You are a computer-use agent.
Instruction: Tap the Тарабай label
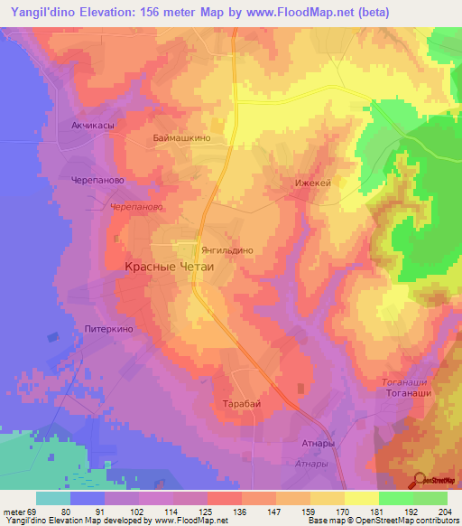click(x=241, y=404)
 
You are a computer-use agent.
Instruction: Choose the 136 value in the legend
click(x=239, y=512)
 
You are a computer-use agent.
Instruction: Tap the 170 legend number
click(x=340, y=512)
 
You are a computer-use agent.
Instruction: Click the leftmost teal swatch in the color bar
click(x=52, y=498)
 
